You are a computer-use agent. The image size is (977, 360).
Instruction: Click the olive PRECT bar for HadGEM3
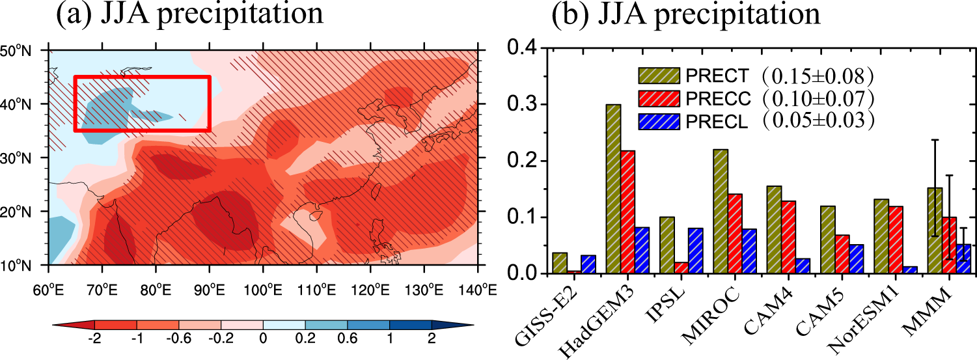click(613, 189)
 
